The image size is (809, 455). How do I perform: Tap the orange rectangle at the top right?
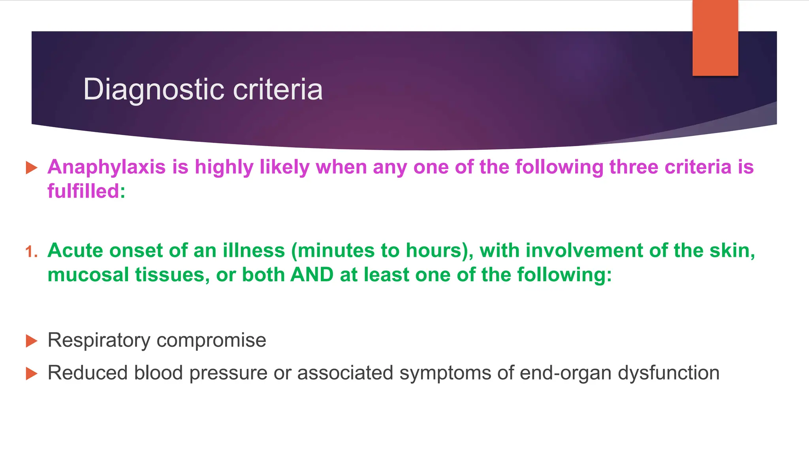[715, 38]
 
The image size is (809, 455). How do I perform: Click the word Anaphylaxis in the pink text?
[106, 167]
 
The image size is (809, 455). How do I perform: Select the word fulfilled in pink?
[83, 191]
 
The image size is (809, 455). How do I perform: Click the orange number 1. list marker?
[32, 252]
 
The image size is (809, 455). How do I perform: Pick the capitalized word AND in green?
[312, 275]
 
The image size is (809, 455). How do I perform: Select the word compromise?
[211, 340]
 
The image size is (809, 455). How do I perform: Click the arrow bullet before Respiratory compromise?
[31, 340]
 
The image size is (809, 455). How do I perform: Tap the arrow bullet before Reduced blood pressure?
[31, 373]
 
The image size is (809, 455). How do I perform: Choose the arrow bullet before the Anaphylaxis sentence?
[31, 167]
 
